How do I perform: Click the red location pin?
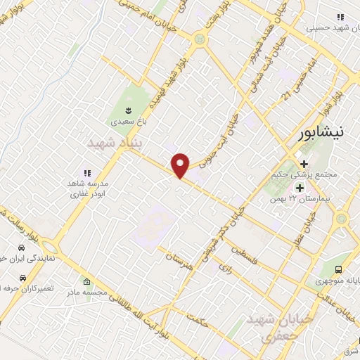pos(181,165)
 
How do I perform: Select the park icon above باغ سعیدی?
pos(129,109)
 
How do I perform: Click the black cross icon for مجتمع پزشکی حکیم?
pos(304,163)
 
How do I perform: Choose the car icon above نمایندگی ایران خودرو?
pos(22,248)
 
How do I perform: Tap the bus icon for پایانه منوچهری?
pos(340,269)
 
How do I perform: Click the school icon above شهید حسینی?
pos(341,17)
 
